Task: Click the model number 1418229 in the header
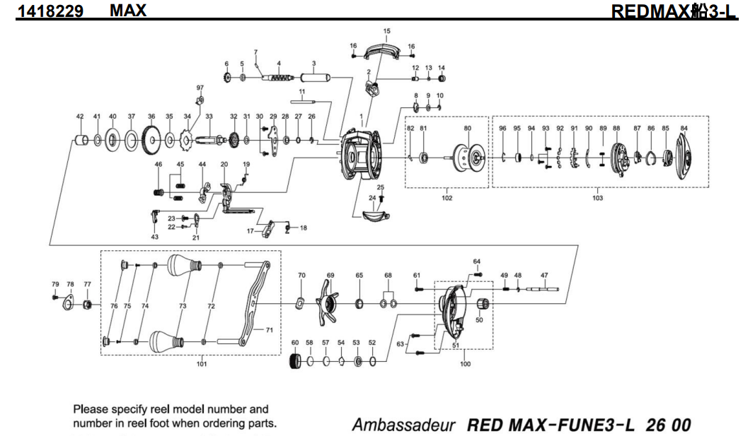(50, 11)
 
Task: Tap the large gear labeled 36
(151, 140)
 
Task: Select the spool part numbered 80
(468, 157)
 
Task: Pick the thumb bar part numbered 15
(383, 50)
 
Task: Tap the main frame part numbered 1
(362, 153)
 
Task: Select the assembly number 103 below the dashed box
(597, 198)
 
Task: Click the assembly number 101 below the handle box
(202, 364)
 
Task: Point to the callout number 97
(200, 88)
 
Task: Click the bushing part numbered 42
(81, 140)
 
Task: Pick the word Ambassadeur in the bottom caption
(403, 425)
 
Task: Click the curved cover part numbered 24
(376, 216)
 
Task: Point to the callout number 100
(466, 364)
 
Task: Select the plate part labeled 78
(69, 304)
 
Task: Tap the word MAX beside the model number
(128, 11)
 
